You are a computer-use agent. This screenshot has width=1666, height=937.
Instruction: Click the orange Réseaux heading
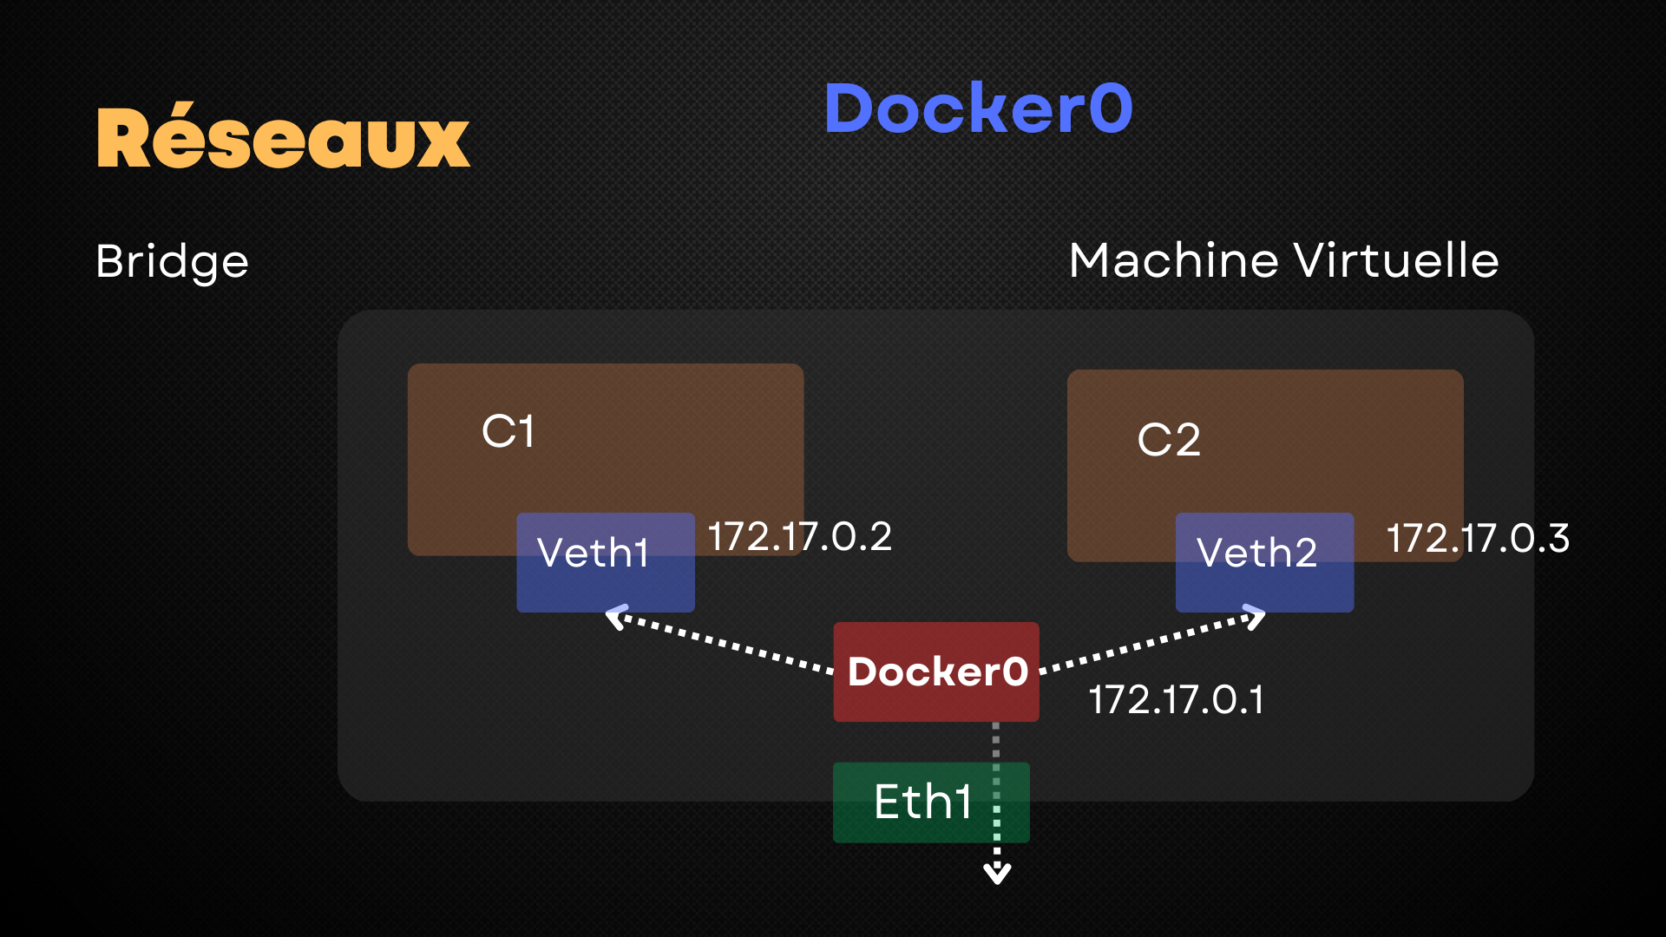pyautogui.click(x=283, y=139)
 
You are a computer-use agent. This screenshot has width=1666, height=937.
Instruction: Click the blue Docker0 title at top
pyautogui.click(x=978, y=108)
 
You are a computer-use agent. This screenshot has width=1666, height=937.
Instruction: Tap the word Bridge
pyautogui.click(x=172, y=261)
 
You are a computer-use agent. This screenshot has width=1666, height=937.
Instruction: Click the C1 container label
pyautogui.click(x=508, y=431)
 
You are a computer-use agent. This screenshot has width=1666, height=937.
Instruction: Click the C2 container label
pyautogui.click(x=1169, y=440)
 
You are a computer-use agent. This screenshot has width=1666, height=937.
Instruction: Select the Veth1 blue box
pyautogui.click(x=605, y=562)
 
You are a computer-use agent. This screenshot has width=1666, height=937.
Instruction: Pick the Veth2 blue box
pyautogui.click(x=1263, y=562)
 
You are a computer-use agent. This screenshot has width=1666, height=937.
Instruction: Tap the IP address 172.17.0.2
pyautogui.click(x=799, y=536)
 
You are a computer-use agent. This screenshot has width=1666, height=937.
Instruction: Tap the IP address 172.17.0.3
pyautogui.click(x=1478, y=538)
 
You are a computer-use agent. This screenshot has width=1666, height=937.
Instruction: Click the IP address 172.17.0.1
pyautogui.click(x=1176, y=699)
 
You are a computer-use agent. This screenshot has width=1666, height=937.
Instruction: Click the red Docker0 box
pyautogui.click(x=936, y=672)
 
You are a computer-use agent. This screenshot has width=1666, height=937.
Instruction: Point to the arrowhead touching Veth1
pyautogui.click(x=616, y=618)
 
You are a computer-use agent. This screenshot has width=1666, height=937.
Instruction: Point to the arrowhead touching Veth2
pyautogui.click(x=1256, y=616)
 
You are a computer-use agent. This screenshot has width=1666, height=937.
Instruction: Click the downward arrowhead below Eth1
pyautogui.click(x=997, y=874)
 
